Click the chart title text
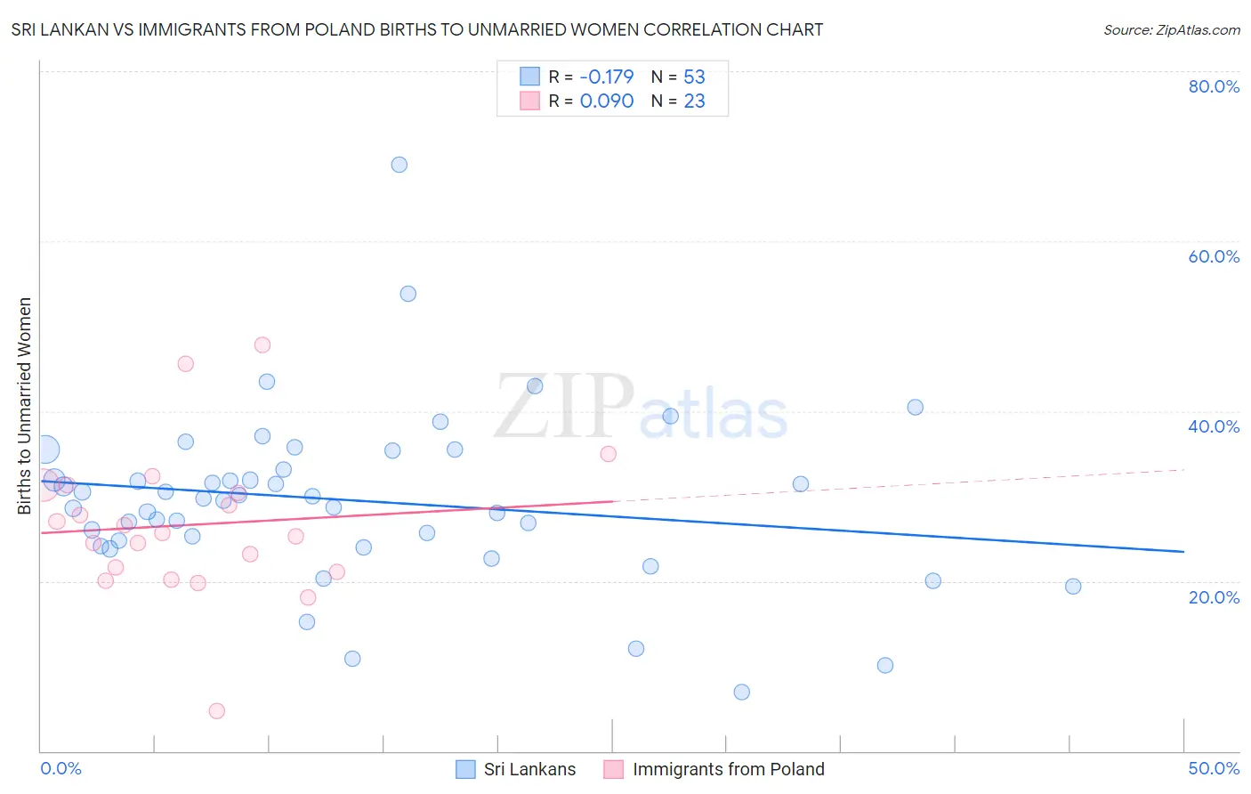[x=416, y=29]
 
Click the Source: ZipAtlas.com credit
[x=1171, y=30]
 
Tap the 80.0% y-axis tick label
[x=1214, y=86]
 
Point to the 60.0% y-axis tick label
[x=1214, y=256]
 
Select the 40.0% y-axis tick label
[x=1214, y=426]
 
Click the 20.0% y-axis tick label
[x=1214, y=597]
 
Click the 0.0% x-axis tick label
[x=61, y=768]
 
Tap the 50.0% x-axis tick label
[x=1214, y=768]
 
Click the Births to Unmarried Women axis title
[x=25, y=406]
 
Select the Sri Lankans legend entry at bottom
[x=517, y=769]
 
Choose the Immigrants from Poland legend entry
[x=714, y=769]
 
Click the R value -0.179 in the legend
[x=607, y=77]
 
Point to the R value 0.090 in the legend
[x=607, y=101]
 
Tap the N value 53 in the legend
[x=694, y=77]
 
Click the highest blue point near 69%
[x=400, y=165]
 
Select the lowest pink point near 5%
[x=217, y=710]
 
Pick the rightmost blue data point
[x=1073, y=586]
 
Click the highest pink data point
[x=262, y=344]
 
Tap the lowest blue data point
[x=742, y=692]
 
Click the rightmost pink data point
[x=609, y=454]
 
